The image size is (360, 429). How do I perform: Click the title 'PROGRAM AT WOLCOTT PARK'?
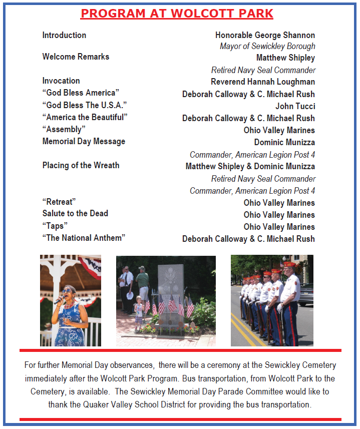177,14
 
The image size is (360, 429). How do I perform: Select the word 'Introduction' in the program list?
64,35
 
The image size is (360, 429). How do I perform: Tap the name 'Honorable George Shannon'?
265,35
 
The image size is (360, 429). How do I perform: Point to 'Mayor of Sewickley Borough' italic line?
267,46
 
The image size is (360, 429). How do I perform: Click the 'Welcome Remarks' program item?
76,57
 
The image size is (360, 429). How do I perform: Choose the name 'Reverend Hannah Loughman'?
263,82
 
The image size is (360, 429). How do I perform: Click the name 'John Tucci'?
295,106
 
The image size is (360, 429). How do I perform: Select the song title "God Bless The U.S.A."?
84,105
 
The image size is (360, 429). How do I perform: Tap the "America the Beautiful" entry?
85,117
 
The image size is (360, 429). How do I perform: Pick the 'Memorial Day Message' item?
84,141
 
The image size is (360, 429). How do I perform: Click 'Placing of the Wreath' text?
81,165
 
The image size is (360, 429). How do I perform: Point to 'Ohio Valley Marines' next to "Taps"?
279,227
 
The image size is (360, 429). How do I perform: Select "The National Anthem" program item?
84,238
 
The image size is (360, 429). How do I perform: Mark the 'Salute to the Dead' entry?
75,213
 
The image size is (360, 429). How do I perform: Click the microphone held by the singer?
58,299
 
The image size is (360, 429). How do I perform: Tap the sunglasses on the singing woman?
67,290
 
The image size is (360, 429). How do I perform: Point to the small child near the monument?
139,313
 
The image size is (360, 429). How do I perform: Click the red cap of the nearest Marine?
290,264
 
